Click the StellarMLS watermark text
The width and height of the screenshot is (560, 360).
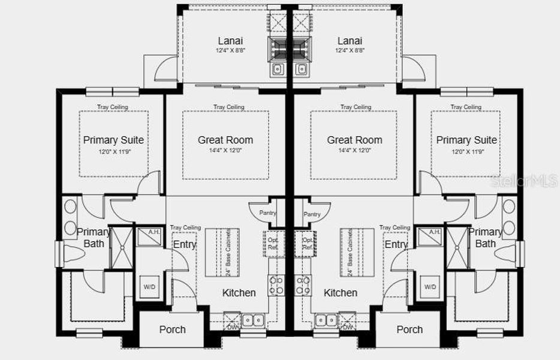click(525, 181)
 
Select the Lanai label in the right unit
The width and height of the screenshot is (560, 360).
click(350, 41)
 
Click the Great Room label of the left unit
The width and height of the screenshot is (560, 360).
click(225, 140)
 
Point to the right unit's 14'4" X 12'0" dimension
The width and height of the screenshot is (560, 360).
click(354, 152)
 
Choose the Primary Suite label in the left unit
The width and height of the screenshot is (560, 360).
click(113, 140)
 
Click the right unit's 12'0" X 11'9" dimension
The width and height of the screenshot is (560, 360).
click(466, 152)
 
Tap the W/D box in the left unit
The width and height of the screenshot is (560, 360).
click(149, 287)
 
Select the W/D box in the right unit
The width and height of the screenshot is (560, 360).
click(430, 287)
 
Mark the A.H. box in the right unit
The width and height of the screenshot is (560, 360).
click(434, 232)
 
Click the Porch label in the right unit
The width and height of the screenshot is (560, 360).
click(410, 329)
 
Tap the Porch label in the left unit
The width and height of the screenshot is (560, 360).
click(172, 329)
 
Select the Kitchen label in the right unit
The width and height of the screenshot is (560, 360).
click(341, 293)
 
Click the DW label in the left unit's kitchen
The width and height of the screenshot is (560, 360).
click(232, 327)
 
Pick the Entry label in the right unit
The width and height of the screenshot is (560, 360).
click(396, 244)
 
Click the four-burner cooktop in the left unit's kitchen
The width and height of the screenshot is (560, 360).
click(276, 284)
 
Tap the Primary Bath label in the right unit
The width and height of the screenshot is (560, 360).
click(486, 238)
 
